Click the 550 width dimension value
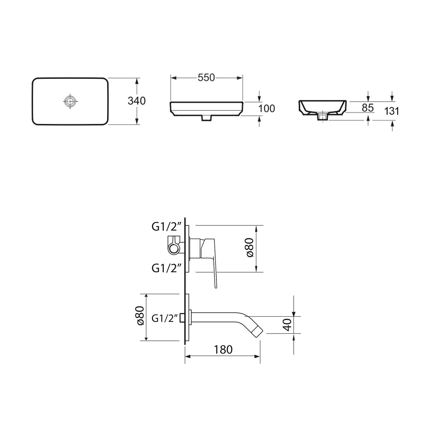coord(206,78)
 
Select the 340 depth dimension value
coord(136,101)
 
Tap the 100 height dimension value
coord(267,108)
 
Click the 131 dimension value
coord(392,111)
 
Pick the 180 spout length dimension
coord(223,350)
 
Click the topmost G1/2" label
coord(167,227)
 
